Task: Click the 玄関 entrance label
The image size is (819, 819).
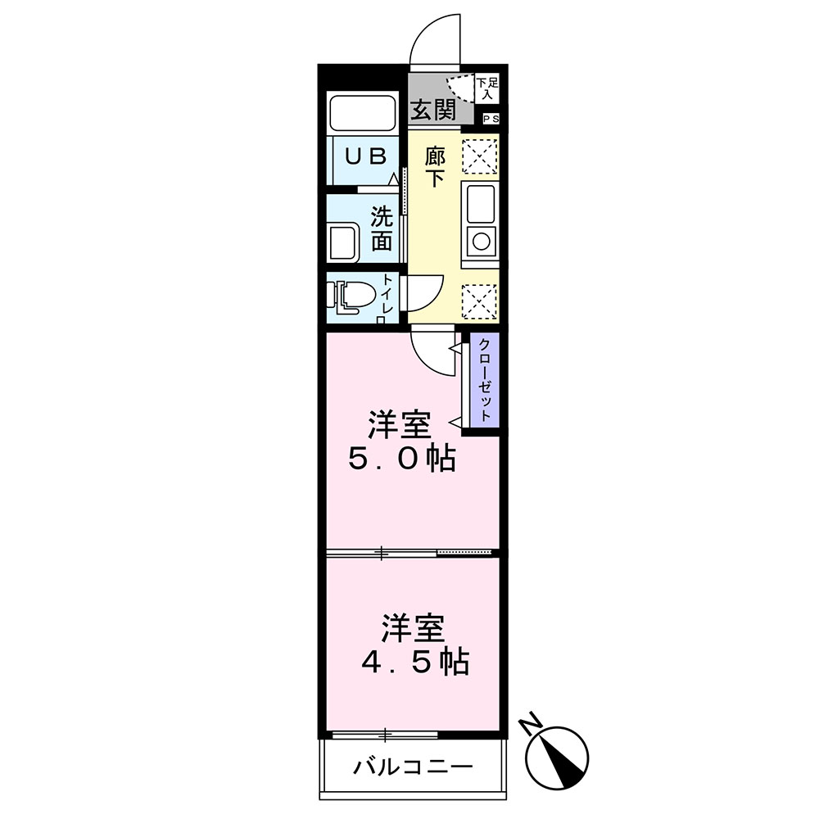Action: (433, 110)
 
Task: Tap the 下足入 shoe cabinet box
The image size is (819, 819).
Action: (487, 88)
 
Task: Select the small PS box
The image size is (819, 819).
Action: (491, 120)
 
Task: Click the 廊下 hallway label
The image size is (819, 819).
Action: (435, 167)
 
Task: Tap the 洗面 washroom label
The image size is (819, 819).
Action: (382, 229)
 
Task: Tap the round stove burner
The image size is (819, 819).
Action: (480, 241)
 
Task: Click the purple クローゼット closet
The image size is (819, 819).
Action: (485, 380)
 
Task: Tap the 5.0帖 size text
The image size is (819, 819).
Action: (401, 459)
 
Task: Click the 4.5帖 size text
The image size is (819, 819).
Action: (415, 660)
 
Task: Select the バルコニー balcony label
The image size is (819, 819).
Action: (414, 767)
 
